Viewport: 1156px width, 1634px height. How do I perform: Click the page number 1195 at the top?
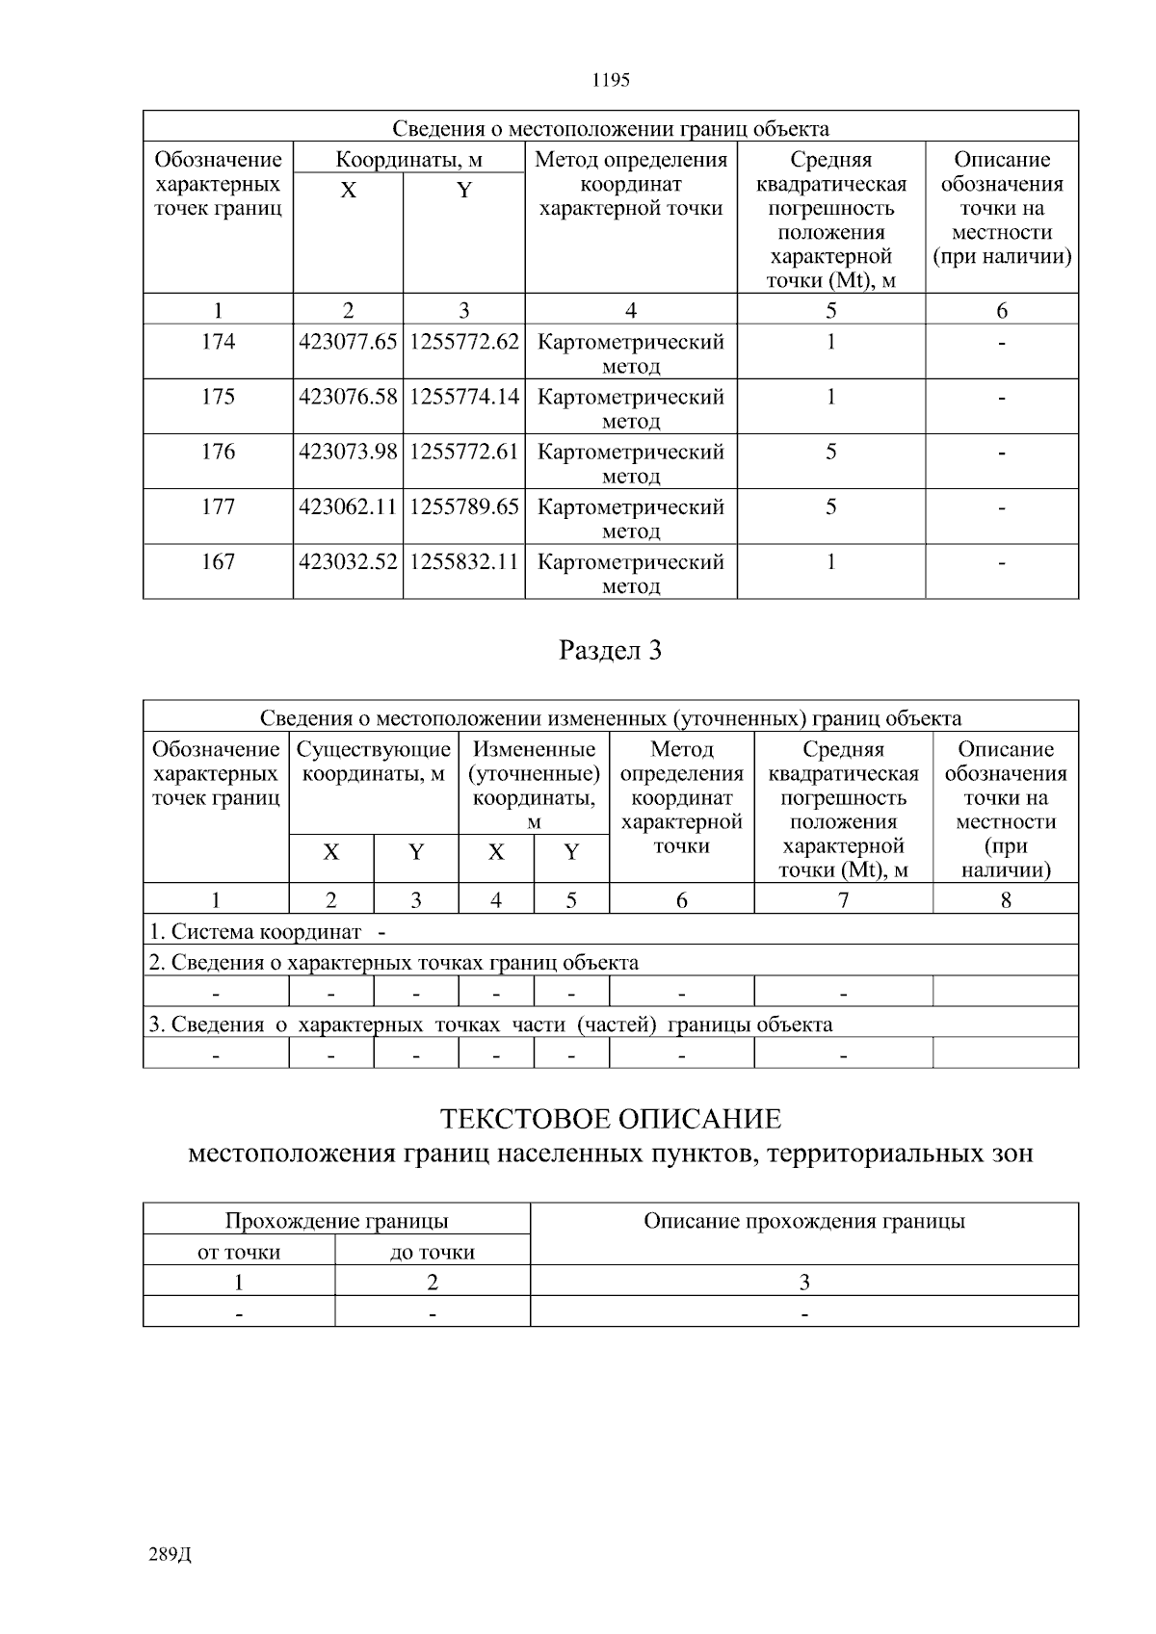[611, 81]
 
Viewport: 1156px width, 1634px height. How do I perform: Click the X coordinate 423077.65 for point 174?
[348, 343]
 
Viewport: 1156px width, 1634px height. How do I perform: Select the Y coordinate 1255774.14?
[464, 398]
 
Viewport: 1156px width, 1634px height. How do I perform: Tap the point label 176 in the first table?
[218, 453]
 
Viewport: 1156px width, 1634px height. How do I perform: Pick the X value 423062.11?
[348, 507]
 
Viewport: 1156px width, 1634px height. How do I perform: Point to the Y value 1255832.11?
[464, 562]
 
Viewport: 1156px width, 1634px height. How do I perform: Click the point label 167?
[218, 562]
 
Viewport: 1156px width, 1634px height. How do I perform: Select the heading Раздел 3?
[611, 651]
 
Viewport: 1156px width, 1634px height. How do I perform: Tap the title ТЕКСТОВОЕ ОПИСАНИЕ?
[611, 1120]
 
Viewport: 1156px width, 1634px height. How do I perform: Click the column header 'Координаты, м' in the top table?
[408, 160]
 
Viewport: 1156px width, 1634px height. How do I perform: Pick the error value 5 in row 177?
[830, 507]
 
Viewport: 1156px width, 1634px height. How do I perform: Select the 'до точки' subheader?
[432, 1253]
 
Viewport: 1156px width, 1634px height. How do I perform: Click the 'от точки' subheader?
[239, 1253]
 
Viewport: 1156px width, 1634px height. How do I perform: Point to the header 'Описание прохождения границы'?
[804, 1222]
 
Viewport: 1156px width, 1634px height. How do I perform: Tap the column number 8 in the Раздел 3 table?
[1006, 900]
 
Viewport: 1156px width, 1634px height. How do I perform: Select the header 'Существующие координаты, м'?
[374, 762]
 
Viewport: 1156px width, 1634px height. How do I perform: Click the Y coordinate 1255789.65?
[464, 507]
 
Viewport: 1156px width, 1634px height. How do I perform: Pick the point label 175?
[218, 398]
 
